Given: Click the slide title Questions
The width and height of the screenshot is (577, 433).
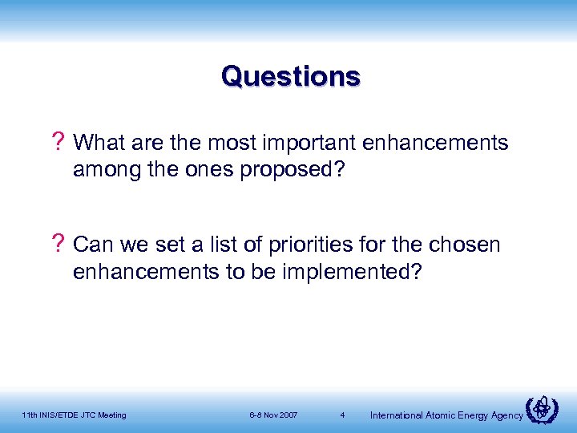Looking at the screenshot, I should coord(291,77).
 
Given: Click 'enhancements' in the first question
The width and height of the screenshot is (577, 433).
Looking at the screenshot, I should coord(435,144).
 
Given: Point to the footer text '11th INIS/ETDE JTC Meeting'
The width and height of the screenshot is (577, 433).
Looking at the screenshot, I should coord(74,415).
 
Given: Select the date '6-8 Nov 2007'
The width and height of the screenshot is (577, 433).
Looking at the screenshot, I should coord(273,415).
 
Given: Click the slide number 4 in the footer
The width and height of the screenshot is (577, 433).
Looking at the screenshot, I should coord(342,415).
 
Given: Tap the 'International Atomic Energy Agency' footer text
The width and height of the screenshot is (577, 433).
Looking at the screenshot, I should coord(446,415).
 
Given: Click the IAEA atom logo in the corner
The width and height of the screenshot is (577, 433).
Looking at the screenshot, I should coord(544,410).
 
